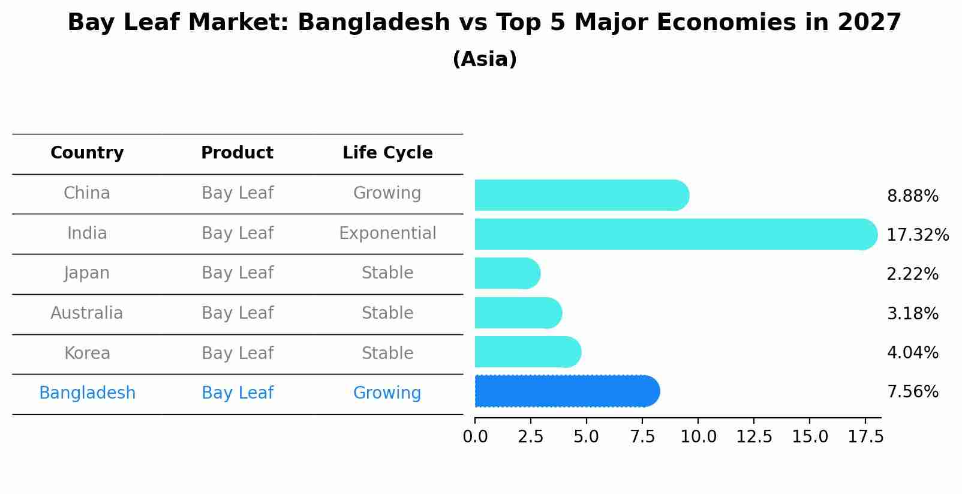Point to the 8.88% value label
(912, 196)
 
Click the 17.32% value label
(918, 235)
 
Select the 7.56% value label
(912, 392)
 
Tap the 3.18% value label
(912, 313)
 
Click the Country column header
(87, 153)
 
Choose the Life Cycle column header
(387, 153)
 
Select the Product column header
(237, 153)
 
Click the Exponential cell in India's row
(387, 233)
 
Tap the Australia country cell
(87, 313)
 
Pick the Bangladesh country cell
(87, 393)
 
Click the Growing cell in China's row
(387, 193)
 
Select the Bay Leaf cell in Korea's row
(237, 353)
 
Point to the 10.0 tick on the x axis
(698, 436)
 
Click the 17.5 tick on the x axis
(865, 436)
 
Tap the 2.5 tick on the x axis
(530, 436)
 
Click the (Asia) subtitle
(485, 59)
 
